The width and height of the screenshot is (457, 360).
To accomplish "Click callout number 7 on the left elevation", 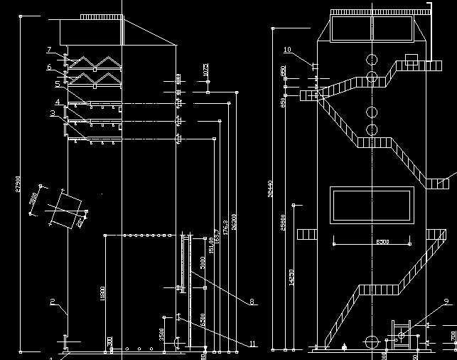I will [x=49, y=49].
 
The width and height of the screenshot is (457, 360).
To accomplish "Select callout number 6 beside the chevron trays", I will [x=49, y=68].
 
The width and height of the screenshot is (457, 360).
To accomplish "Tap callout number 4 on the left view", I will [x=57, y=102].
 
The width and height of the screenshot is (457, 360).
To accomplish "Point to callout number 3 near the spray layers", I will [x=53, y=113].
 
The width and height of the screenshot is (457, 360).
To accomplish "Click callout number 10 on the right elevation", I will [x=287, y=50].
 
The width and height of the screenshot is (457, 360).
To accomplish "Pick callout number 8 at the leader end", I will [x=252, y=302].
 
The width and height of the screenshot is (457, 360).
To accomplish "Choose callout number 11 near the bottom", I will [x=252, y=344].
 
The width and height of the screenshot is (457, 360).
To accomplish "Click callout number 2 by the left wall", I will [x=53, y=302].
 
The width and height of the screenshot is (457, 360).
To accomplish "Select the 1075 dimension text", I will [x=205, y=70].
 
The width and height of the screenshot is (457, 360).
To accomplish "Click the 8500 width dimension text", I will [x=382, y=242].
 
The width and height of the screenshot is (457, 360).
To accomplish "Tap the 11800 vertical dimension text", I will [x=102, y=293].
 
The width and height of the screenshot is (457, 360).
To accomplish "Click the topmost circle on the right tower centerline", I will [x=371, y=58].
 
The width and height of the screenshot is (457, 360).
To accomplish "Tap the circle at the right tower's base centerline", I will [x=371, y=340].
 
